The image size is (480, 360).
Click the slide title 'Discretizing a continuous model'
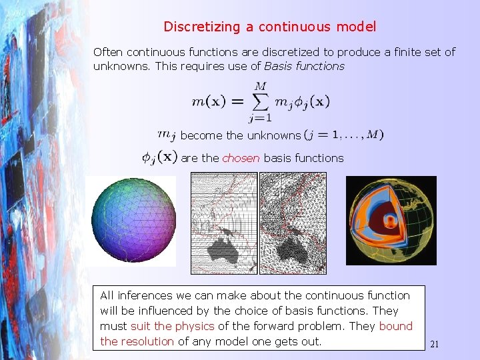pos(270,27)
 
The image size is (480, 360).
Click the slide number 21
pos(435,345)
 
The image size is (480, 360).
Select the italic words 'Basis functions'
pos(305,65)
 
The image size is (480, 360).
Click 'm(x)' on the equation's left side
pos(208,101)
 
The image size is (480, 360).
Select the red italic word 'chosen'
pos(241,158)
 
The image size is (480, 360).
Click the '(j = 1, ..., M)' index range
pos(344,135)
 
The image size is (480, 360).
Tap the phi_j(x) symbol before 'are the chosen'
pos(159,157)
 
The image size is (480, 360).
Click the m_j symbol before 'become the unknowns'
pos(167,135)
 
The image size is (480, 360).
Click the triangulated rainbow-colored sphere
pos(133,221)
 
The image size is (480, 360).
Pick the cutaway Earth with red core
pos(391,221)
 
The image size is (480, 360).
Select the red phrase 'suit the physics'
pos(173,326)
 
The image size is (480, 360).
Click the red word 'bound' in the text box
pos(396,326)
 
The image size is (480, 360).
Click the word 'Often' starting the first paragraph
pos(107,51)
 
